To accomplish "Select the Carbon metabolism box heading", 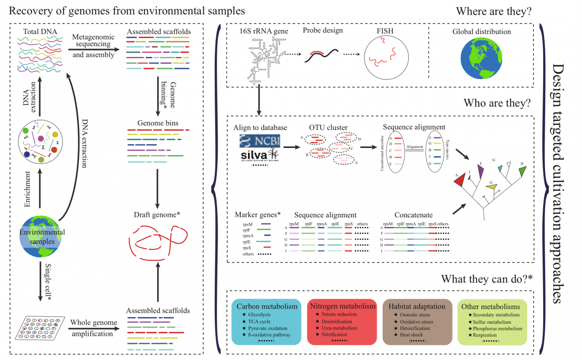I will point(266,307).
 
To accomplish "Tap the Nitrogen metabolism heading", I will point(342,307).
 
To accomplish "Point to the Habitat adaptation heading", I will point(414,307).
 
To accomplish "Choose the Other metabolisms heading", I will point(490,307).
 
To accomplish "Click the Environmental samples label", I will point(42,237).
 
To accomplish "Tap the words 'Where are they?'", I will point(494,12).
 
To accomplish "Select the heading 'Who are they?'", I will point(497,103).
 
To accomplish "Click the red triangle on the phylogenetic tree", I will point(460,180).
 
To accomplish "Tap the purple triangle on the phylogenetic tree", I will point(480,170).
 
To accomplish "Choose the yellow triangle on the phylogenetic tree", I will point(492,186).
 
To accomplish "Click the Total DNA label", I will point(40,32).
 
